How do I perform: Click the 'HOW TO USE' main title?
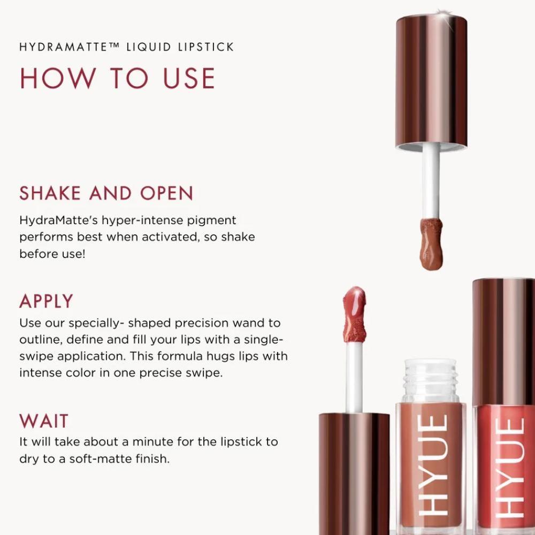pos(117,78)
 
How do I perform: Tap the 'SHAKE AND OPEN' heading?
pos(106,194)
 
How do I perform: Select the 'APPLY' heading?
pos(46,301)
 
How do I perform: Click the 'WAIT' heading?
pos(44,421)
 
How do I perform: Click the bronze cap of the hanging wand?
pos(432,80)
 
